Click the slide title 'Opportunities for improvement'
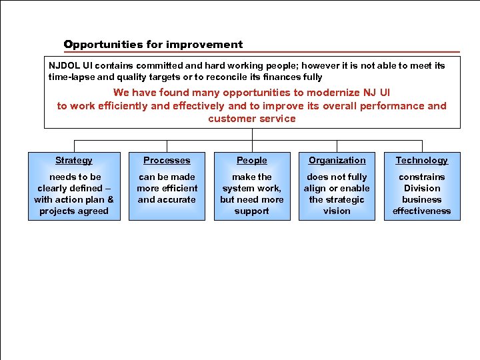tap(153, 45)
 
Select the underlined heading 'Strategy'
tap(74, 160)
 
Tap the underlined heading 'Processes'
tap(167, 160)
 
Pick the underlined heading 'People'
tap(252, 160)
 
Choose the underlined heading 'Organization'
tap(337, 160)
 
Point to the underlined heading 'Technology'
tap(421, 160)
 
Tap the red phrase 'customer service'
tap(251, 119)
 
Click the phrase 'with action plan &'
tap(74, 199)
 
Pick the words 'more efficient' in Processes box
tap(167, 188)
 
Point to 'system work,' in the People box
tap(252, 188)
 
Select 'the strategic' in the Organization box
tap(337, 199)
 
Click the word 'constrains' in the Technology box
tap(421, 177)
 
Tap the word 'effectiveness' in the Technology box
tap(421, 211)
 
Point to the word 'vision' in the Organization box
tap(337, 211)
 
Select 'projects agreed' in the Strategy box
tap(74, 211)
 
